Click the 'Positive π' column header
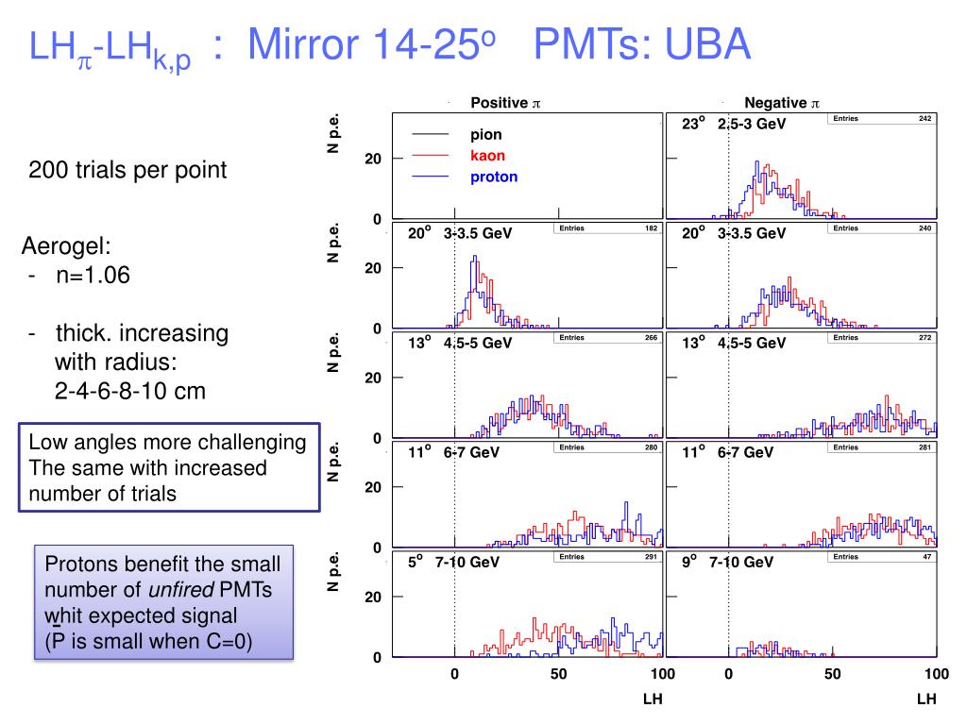tap(504, 103)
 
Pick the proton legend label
tap(494, 177)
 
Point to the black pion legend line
tap(431, 135)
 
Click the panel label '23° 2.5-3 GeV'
tap(734, 124)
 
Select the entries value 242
tap(925, 118)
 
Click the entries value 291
tap(651, 556)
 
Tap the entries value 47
tap(926, 556)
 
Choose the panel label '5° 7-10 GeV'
tap(453, 562)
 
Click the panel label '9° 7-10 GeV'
tap(727, 562)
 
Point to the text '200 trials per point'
tap(127, 170)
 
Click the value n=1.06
tap(93, 276)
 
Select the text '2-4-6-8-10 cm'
tap(130, 390)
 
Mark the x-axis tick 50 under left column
tap(558, 674)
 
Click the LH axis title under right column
tap(925, 700)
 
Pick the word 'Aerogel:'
tap(66, 247)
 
